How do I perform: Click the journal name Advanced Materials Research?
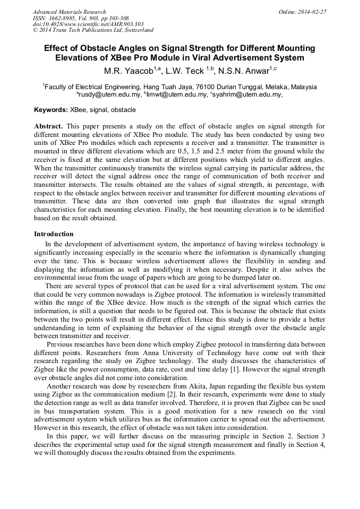[69, 12]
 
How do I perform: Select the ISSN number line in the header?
[81, 18]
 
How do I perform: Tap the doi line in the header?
[88, 24]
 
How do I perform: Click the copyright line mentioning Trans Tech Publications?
[93, 31]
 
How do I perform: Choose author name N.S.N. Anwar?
[247, 71]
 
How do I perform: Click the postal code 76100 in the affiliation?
[206, 87]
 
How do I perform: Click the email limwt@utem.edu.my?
[177, 95]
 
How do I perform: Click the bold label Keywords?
[51, 110]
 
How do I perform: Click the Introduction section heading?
[54, 234]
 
